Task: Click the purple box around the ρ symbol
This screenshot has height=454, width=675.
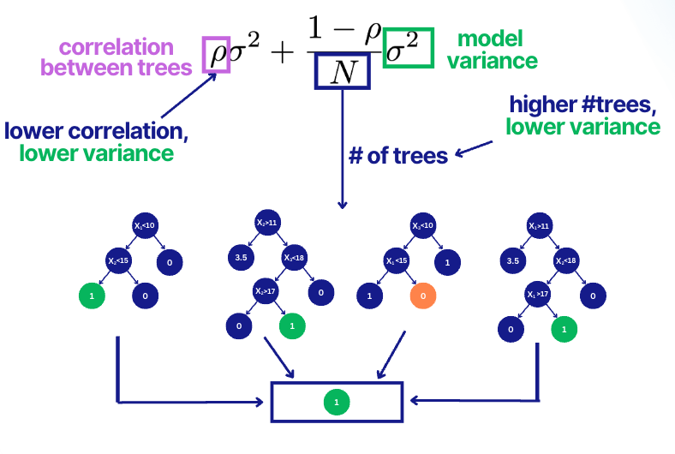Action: click(216, 54)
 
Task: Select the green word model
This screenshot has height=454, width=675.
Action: click(489, 39)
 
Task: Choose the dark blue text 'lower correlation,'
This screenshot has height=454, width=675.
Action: click(96, 133)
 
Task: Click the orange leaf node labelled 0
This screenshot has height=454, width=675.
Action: click(424, 296)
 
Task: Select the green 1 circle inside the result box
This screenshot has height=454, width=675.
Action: click(336, 400)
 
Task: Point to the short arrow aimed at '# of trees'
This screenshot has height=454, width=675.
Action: click(475, 149)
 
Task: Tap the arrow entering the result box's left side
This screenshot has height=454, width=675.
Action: click(188, 400)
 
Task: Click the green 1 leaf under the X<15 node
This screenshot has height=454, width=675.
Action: click(92, 296)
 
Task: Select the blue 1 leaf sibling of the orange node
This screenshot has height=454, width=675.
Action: click(372, 296)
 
